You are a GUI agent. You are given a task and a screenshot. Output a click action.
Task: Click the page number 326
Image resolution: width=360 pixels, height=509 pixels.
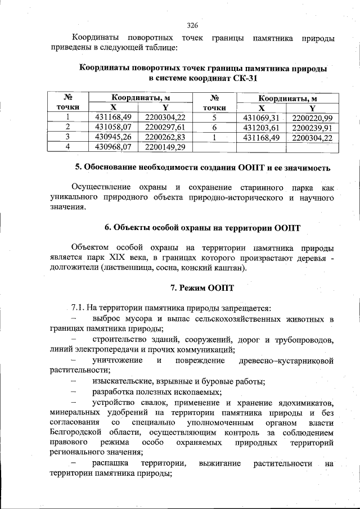click(x=192, y=25)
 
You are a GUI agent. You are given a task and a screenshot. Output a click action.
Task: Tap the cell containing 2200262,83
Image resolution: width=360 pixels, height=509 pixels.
click(x=165, y=137)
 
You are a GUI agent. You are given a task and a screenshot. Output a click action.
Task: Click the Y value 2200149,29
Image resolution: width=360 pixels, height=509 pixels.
click(x=165, y=147)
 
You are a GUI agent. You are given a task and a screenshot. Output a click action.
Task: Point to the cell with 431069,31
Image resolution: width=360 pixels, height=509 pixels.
click(x=260, y=118)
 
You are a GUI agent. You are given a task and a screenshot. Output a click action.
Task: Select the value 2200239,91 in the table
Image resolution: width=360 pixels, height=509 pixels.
click(x=312, y=127)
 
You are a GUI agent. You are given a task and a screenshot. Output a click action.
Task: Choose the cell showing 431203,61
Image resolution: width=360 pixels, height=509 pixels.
click(x=260, y=127)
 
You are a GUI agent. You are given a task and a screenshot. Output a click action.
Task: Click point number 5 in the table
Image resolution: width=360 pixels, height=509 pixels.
click(x=214, y=118)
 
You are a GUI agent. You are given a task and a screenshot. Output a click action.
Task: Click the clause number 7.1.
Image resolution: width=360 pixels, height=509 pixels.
click(x=78, y=308)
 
